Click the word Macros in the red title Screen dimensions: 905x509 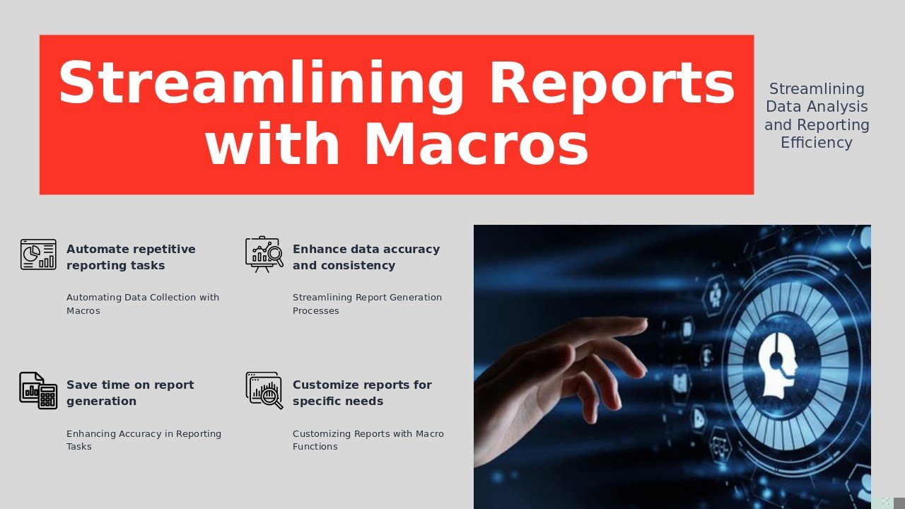click(x=476, y=144)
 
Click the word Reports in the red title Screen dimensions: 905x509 click(x=612, y=85)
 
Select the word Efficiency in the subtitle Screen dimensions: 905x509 click(x=817, y=143)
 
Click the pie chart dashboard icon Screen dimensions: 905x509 click(x=38, y=254)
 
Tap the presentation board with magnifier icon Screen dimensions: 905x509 click(x=264, y=254)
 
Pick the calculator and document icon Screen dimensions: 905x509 click(x=38, y=390)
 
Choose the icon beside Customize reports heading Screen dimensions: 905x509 click(x=264, y=390)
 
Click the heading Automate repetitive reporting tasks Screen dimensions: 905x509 click(x=131, y=257)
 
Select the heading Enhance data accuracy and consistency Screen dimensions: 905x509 click(x=366, y=257)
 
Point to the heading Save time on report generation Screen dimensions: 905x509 click(x=130, y=393)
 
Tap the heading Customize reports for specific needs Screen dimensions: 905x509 click(x=362, y=393)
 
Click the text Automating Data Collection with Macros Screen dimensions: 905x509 click(x=143, y=304)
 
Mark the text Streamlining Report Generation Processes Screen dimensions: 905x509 click(x=367, y=304)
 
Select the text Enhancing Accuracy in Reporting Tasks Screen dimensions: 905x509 click(x=144, y=440)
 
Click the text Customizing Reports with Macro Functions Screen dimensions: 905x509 click(x=368, y=440)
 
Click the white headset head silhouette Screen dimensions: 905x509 click(x=777, y=364)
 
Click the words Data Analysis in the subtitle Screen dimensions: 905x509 click(x=817, y=107)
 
